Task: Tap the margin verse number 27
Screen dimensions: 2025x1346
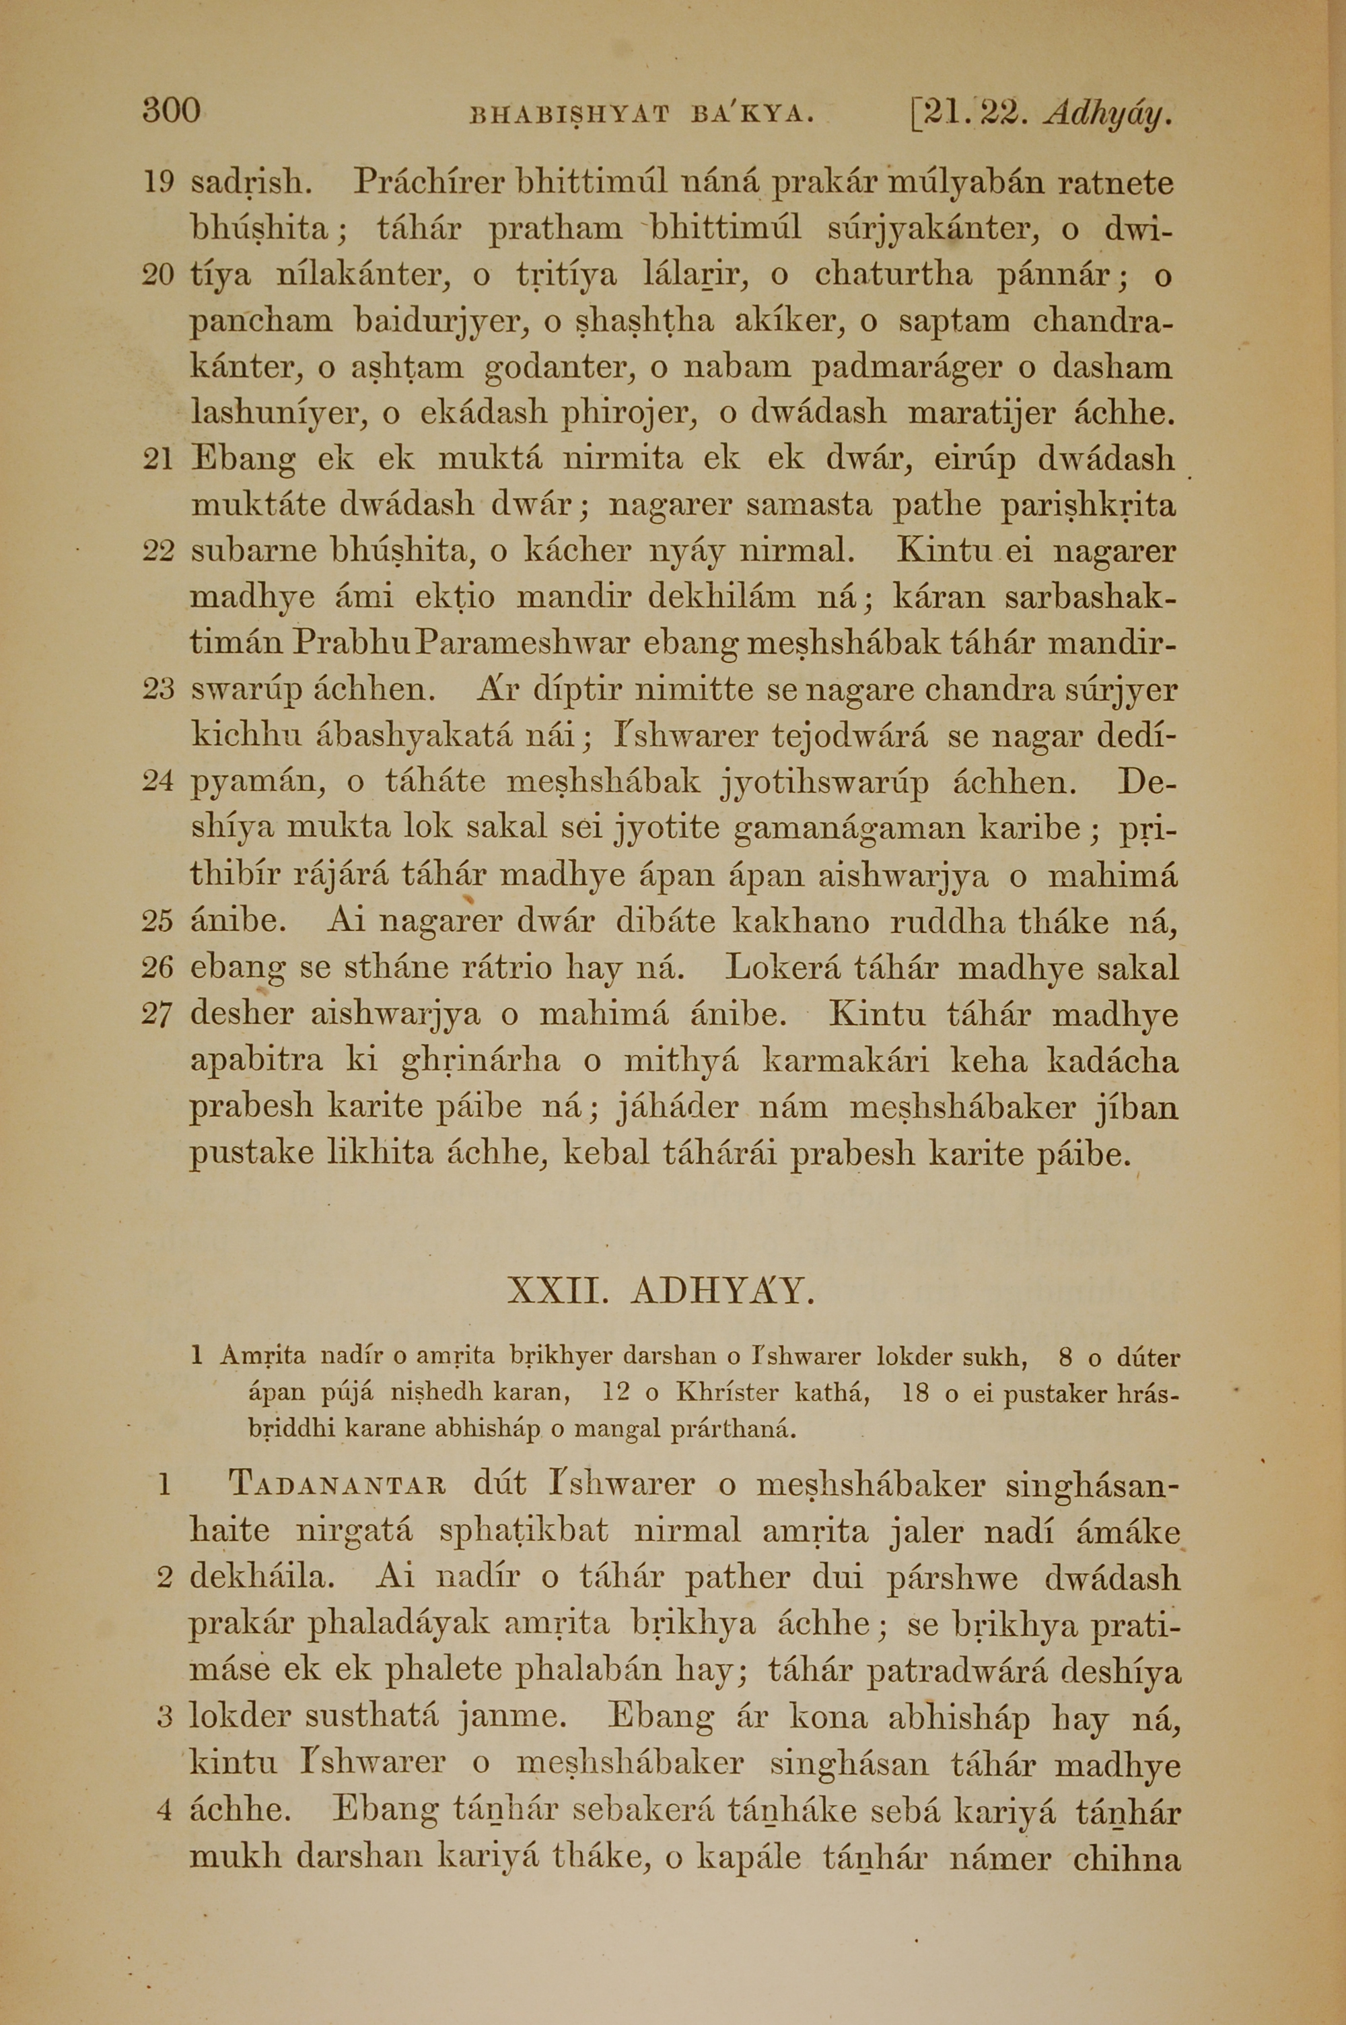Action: pos(158,1015)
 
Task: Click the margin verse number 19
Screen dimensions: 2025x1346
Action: pos(158,183)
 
